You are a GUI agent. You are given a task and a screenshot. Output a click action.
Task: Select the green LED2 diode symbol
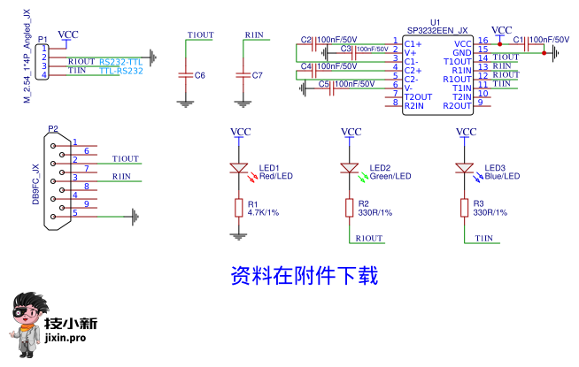click(x=350, y=167)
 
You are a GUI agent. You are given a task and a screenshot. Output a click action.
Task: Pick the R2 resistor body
click(x=350, y=208)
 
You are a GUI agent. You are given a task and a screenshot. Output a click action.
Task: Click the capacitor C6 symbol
click(x=185, y=74)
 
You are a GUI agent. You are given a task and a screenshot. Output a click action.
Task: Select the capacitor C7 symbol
click(x=243, y=74)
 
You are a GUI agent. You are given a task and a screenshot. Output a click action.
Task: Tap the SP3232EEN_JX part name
click(x=437, y=30)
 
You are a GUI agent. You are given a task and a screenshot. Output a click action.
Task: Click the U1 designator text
click(x=435, y=21)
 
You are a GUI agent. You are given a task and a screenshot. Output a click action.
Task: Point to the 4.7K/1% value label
click(x=264, y=213)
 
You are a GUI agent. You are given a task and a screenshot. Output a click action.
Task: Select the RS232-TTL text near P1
click(x=120, y=61)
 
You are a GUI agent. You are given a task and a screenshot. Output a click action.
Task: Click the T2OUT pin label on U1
click(x=419, y=96)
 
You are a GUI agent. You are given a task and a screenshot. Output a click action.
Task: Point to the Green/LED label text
click(x=390, y=176)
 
